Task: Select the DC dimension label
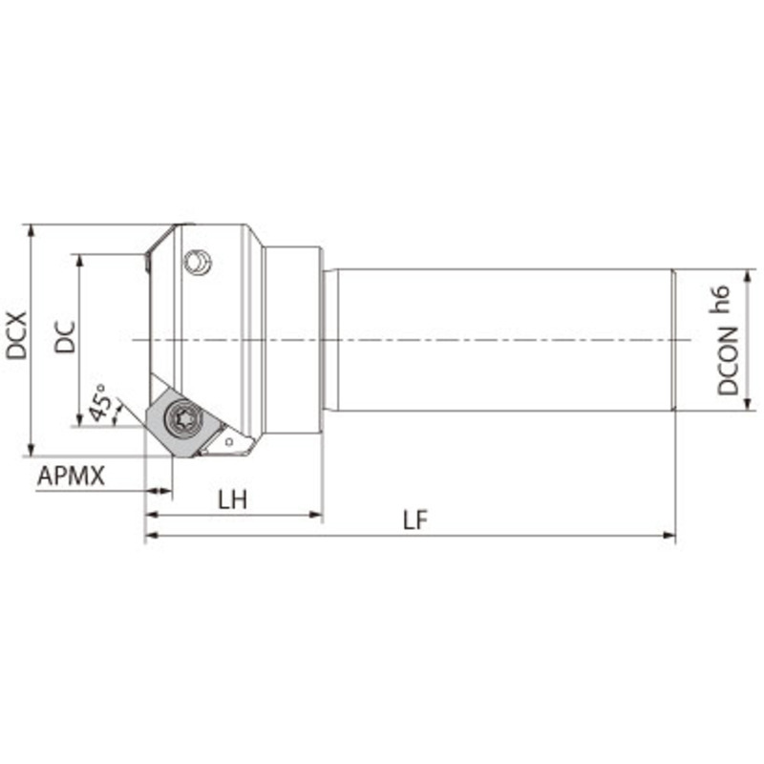pyautogui.click(x=64, y=336)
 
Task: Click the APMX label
pyautogui.click(x=71, y=476)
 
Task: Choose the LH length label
pyautogui.click(x=232, y=499)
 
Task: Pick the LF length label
pyautogui.click(x=414, y=520)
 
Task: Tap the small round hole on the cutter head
pyautogui.click(x=199, y=261)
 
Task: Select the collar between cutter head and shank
pyautogui.click(x=291, y=340)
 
